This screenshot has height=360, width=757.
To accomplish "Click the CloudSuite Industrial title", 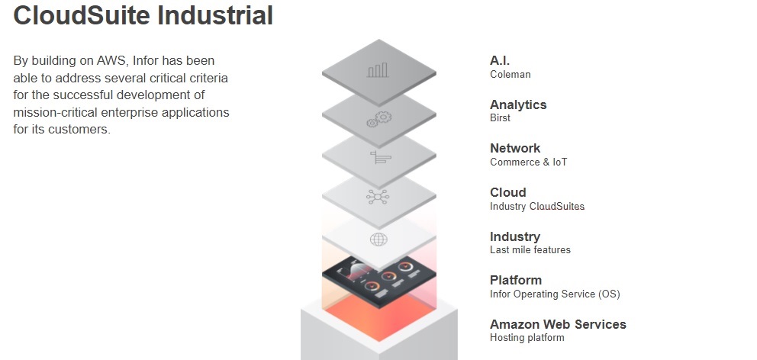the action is [x=143, y=14].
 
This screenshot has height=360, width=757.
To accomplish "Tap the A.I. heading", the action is [x=500, y=61].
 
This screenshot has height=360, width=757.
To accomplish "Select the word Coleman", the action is [x=511, y=74].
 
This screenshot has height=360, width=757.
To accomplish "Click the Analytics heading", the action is [x=518, y=104].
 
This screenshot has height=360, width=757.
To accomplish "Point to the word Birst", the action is [x=500, y=117].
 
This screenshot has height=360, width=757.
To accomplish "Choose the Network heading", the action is [x=515, y=148].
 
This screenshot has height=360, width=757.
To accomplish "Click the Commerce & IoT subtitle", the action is [x=529, y=162].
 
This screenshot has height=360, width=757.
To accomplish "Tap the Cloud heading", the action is [x=508, y=192].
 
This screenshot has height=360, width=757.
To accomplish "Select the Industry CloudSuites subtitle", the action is [x=537, y=207].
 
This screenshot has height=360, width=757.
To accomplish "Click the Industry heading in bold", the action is [x=515, y=236].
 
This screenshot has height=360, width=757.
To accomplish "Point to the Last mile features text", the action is [x=530, y=250].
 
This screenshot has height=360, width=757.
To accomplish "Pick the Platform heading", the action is [x=516, y=281].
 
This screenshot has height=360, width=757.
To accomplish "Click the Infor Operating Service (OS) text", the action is [x=555, y=294].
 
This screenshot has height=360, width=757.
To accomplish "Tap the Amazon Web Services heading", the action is [x=558, y=324].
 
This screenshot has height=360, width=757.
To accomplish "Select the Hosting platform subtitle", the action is [x=527, y=338].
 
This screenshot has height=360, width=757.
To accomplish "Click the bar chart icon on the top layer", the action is [x=378, y=70].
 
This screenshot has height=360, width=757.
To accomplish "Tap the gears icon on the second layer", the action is [x=379, y=119].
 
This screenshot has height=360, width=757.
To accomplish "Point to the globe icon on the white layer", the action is [x=378, y=239].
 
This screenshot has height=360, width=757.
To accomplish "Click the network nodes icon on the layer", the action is [x=378, y=197].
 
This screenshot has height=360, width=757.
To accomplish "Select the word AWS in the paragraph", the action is [x=112, y=61].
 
